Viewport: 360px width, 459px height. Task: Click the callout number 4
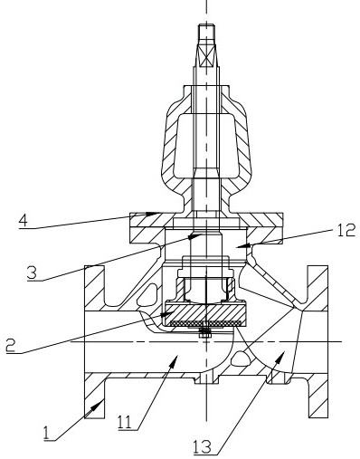click(24, 221)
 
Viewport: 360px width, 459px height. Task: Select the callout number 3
click(32, 273)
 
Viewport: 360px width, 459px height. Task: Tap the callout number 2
click(11, 345)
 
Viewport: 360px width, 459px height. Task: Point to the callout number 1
click(46, 434)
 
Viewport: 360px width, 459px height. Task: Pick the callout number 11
click(125, 422)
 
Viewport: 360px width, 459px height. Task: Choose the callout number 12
click(345, 231)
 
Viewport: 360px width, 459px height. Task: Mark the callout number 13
click(203, 446)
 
